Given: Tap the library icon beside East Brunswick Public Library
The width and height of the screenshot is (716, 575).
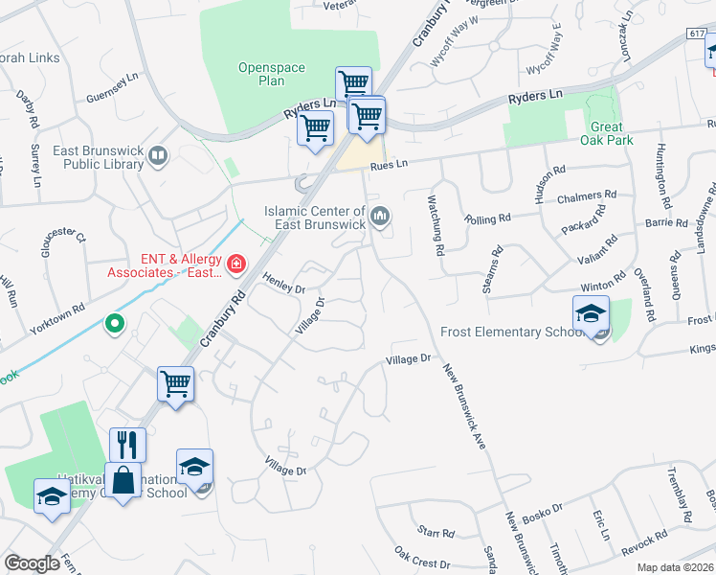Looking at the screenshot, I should (158, 154).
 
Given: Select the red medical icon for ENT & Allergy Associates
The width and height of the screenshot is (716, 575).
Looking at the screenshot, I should (235, 263).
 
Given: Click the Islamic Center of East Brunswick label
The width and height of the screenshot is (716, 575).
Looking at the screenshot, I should (314, 218).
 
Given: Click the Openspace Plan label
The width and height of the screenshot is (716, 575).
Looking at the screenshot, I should (261, 74).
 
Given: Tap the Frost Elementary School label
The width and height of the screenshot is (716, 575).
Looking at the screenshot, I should (511, 333).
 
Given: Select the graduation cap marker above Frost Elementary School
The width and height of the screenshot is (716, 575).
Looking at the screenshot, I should (592, 315).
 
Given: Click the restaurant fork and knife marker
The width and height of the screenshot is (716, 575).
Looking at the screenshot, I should (127, 446).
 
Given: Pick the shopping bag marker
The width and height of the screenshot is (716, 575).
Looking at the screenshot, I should (124, 480).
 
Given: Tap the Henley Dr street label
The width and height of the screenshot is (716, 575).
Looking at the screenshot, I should (285, 283).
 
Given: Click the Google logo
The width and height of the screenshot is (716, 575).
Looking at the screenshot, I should (33, 563).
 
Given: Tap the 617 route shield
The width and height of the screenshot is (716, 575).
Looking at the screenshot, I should (696, 34).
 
